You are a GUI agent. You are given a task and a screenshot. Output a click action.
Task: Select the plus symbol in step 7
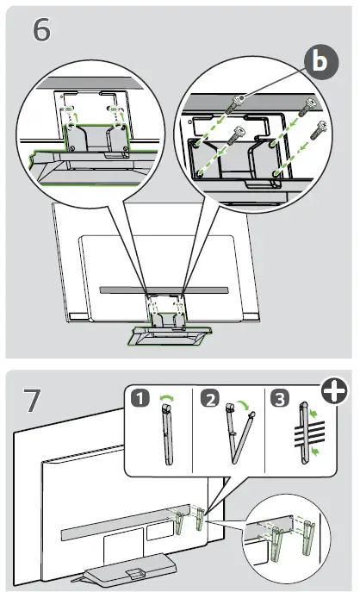point(334,389)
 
